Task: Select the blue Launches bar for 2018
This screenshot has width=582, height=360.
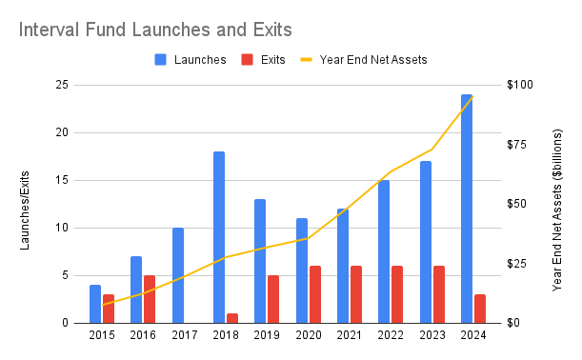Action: click(219, 237)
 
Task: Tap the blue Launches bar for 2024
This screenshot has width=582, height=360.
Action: click(467, 209)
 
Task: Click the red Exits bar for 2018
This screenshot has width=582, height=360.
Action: click(231, 318)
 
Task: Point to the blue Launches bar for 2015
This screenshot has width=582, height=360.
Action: click(95, 304)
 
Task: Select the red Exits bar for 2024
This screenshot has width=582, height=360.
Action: click(479, 309)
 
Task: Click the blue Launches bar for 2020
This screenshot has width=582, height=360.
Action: click(302, 270)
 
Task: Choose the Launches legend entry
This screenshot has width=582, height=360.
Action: click(191, 59)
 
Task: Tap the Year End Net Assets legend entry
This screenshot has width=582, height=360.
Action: click(367, 59)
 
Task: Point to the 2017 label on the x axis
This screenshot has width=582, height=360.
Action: click(184, 335)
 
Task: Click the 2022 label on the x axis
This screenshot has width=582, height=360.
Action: click(391, 335)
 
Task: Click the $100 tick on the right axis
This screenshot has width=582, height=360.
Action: click(519, 85)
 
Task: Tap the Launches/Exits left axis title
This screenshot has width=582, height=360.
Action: click(26, 204)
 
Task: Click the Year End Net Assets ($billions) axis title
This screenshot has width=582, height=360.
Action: click(558, 204)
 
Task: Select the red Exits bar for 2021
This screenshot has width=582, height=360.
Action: click(355, 294)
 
